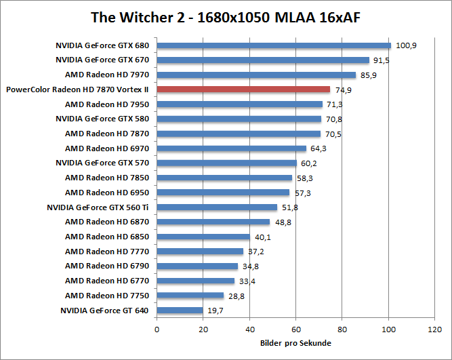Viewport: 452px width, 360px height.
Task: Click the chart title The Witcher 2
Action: click(x=226, y=16)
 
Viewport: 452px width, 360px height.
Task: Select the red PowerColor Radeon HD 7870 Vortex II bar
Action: click(x=243, y=89)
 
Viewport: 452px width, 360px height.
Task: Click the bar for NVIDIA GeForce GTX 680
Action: click(x=274, y=46)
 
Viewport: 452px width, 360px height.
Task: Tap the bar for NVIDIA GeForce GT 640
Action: click(x=180, y=311)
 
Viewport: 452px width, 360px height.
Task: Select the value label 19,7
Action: click(x=215, y=311)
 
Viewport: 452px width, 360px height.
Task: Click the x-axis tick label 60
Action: click(x=295, y=329)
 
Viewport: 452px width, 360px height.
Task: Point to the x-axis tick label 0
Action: click(x=157, y=329)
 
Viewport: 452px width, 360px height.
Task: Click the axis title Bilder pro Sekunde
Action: click(x=295, y=343)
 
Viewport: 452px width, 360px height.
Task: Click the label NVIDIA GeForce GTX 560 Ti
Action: click(x=99, y=207)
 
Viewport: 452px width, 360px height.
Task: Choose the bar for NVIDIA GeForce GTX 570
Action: click(x=226, y=163)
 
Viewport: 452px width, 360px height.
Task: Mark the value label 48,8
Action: click(x=283, y=222)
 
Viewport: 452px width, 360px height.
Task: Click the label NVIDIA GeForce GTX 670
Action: click(x=103, y=60)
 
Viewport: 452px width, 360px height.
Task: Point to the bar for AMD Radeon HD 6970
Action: click(x=231, y=148)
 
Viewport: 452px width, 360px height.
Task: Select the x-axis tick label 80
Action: click(x=342, y=329)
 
